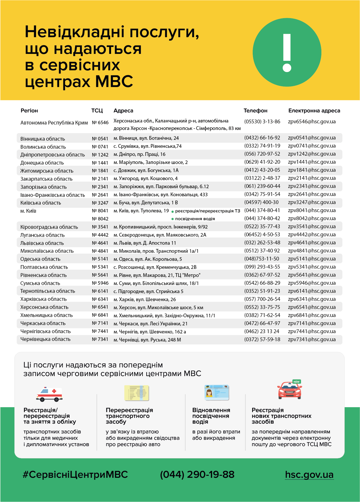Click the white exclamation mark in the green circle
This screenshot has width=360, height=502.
(287, 52)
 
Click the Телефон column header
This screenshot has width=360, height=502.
(255, 111)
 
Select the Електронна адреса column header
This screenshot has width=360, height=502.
(314, 111)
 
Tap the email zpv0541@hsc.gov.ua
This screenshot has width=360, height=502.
(312, 138)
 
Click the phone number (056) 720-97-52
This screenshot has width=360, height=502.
(262, 154)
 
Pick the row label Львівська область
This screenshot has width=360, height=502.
(42, 243)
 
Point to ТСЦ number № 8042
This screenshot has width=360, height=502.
(100, 219)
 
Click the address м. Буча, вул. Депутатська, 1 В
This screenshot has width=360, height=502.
(146, 203)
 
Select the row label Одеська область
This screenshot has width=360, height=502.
(40, 259)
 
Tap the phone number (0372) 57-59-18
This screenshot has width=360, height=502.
(262, 339)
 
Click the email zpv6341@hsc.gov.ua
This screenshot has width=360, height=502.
(312, 299)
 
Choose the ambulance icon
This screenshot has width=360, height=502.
(49, 394)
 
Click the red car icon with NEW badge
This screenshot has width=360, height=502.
(290, 390)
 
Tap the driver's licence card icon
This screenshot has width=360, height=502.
(217, 392)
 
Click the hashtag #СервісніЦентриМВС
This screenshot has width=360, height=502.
(75, 475)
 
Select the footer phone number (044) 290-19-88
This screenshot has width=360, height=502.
(197, 475)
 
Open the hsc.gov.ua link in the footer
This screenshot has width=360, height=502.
(309, 475)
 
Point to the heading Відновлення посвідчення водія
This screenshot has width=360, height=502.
(211, 416)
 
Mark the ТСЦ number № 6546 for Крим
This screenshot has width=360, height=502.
(100, 123)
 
